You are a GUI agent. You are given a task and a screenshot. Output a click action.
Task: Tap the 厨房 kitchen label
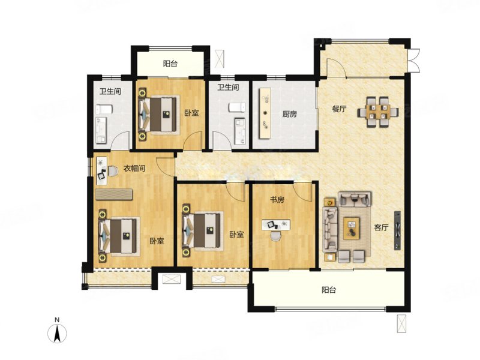[x=289, y=114]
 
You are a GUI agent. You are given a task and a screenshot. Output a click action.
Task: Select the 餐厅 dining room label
[x=339, y=109]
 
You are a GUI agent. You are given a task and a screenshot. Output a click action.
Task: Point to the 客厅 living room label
[x=381, y=227]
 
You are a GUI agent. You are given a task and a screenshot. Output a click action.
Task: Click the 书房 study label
[x=277, y=200]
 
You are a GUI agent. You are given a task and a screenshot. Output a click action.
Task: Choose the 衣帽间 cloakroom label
[x=134, y=169]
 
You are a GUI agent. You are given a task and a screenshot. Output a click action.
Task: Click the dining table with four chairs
[x=378, y=112]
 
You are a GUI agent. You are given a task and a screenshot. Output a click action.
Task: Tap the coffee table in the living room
[x=352, y=229]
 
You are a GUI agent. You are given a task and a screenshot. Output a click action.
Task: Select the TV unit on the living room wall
[x=397, y=230]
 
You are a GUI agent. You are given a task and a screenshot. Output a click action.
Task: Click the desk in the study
[x=276, y=224]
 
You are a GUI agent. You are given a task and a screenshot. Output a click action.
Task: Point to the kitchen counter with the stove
[x=265, y=113]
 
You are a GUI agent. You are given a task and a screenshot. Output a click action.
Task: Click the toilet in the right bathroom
[x=237, y=107]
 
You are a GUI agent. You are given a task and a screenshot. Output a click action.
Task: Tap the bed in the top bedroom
[x=158, y=115]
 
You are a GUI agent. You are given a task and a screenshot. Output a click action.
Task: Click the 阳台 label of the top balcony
[x=170, y=64]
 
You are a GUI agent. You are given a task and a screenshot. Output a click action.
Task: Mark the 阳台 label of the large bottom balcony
[x=329, y=290]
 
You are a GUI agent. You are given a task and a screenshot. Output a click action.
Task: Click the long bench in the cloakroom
[x=114, y=194]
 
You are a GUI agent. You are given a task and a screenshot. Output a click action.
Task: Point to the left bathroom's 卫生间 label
[x=110, y=91]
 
